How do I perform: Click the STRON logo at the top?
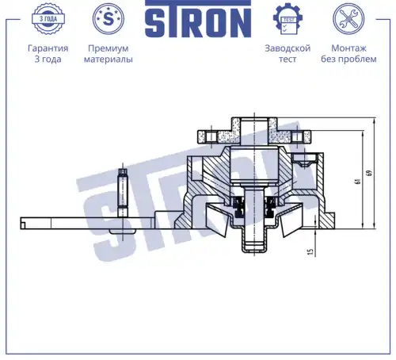(198, 18)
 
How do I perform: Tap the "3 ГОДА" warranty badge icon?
(48, 19)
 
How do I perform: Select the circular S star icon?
(109, 19)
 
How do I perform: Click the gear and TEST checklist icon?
(287, 19)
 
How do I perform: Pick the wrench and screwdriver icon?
(348, 19)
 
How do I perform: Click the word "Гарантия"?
(48, 48)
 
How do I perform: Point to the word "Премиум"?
(109, 48)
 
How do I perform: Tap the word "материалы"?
(109, 59)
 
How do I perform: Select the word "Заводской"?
(287, 48)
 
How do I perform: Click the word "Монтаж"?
(348, 48)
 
